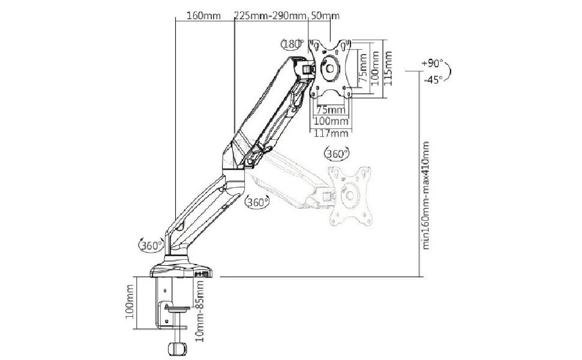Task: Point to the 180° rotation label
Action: [x=292, y=44]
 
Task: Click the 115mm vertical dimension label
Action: [x=388, y=67]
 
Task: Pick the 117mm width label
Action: [x=331, y=132]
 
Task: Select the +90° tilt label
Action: [x=433, y=63]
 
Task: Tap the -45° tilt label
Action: [x=432, y=78]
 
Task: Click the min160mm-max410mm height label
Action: [x=427, y=195]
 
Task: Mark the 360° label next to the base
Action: [x=151, y=245]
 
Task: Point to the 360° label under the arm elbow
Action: [x=257, y=202]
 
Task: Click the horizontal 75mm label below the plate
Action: [x=330, y=110]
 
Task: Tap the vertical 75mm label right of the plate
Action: [x=362, y=67]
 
